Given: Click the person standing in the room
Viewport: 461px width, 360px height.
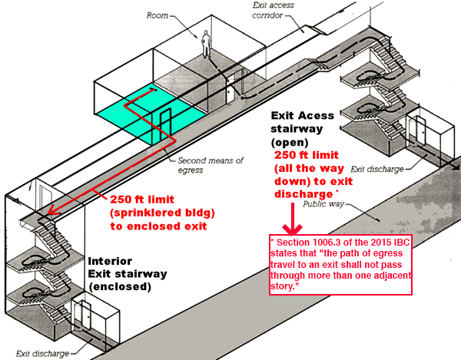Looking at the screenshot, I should [206, 44].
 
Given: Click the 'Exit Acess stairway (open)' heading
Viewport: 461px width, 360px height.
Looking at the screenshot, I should [303, 128].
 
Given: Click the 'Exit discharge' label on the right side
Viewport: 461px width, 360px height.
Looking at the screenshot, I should [374, 168].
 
